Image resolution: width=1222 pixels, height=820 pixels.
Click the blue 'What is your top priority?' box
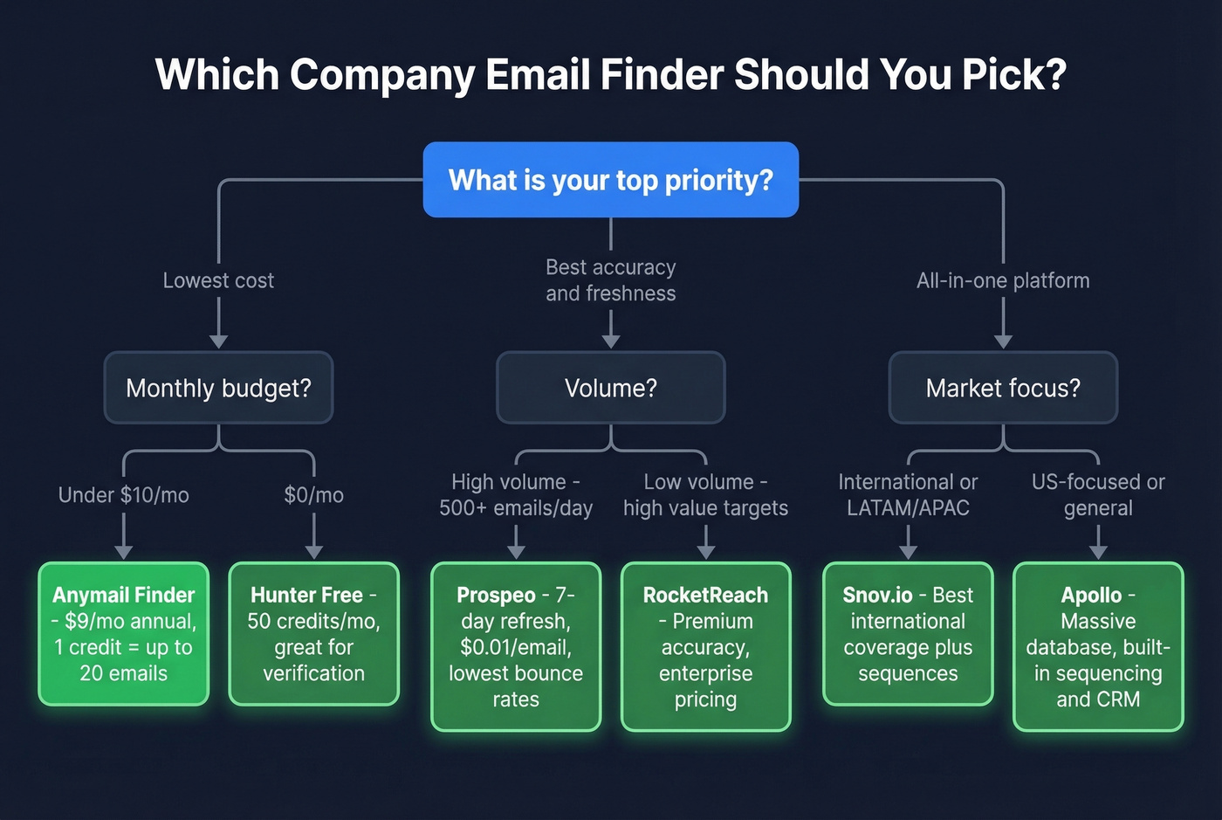click(610, 180)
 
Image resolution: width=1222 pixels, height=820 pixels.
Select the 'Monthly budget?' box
click(218, 388)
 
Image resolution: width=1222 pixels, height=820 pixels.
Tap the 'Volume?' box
click(610, 388)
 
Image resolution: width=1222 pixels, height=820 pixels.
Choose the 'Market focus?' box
click(1003, 388)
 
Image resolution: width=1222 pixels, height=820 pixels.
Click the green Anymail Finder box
click(123, 634)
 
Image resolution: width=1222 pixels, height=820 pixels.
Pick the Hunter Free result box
click(313, 634)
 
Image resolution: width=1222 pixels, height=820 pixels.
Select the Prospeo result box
click(516, 646)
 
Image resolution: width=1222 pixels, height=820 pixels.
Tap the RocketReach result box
click(705, 646)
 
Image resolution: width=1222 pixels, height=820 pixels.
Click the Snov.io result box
click(908, 634)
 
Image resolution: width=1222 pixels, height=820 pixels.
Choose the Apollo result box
click(1098, 646)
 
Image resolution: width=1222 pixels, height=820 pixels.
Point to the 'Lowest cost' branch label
click(218, 280)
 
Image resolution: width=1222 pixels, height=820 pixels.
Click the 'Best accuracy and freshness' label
click(610, 280)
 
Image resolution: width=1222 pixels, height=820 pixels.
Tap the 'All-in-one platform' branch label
click(1003, 280)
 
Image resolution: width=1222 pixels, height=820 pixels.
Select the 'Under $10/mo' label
click(123, 495)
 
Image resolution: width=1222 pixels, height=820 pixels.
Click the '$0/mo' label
click(313, 495)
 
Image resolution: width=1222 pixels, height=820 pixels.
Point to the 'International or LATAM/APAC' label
click(908, 495)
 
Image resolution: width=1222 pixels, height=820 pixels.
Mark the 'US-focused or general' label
click(1098, 495)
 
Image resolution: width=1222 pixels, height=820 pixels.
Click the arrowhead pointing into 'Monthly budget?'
click(218, 341)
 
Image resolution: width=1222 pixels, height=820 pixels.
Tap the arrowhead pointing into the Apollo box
click(1098, 552)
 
